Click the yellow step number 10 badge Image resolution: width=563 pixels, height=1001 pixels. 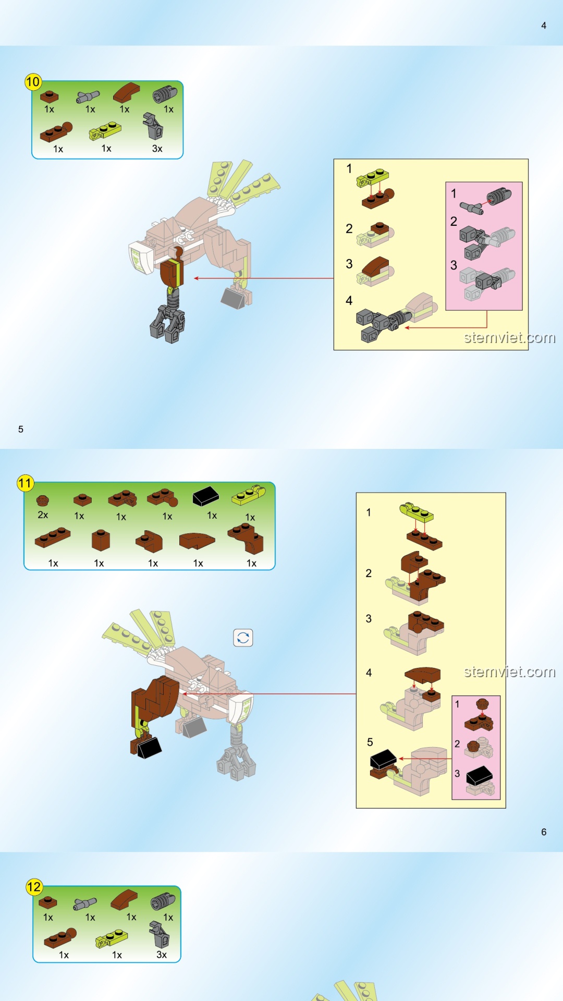click(x=33, y=82)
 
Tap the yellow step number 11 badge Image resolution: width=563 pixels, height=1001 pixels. click(x=25, y=483)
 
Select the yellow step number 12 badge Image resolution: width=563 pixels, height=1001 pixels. click(x=34, y=887)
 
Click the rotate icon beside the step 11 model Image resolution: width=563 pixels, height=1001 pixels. click(x=243, y=638)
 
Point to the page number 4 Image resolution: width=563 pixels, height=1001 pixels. click(x=544, y=26)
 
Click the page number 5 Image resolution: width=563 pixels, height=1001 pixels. click(x=21, y=429)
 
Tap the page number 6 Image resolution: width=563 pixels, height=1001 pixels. click(x=544, y=832)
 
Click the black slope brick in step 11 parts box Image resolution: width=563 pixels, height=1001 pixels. click(x=206, y=496)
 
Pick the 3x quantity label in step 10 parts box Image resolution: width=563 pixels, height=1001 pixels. click(x=157, y=149)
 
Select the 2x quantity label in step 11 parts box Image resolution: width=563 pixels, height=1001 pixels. click(x=43, y=515)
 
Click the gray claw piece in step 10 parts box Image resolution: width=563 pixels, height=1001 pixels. click(x=153, y=126)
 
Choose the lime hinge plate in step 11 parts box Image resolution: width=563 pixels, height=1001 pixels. click(x=248, y=496)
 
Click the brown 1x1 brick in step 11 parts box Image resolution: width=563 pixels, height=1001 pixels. click(x=101, y=541)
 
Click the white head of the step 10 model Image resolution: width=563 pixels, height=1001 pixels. click(x=141, y=257)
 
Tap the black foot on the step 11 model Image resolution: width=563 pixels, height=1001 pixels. click(x=149, y=748)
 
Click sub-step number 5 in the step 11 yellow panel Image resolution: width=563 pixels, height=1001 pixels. click(x=370, y=742)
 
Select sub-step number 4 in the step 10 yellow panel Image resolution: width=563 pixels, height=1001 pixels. click(x=349, y=301)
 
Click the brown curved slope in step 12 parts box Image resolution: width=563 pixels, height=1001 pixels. click(x=124, y=899)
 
